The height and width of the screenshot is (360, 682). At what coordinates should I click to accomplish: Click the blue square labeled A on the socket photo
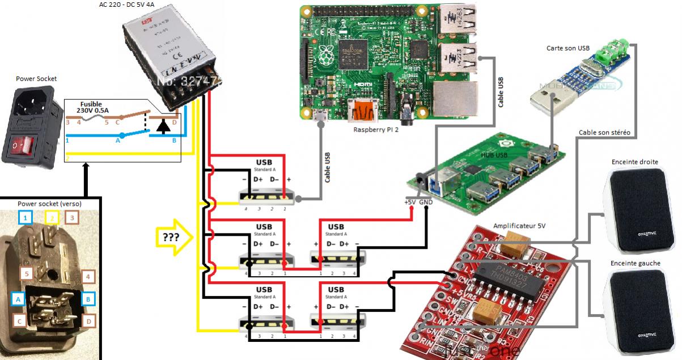click(x=19, y=298)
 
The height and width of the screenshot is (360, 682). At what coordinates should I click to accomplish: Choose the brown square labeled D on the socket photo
click(x=88, y=321)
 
